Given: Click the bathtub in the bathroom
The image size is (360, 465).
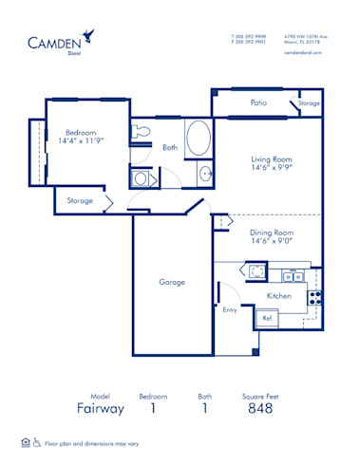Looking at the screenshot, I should click(x=200, y=139).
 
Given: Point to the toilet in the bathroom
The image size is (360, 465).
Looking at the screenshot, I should click(x=143, y=131).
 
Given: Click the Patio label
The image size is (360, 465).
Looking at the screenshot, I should click(x=257, y=102).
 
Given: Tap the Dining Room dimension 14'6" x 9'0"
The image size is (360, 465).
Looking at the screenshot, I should click(x=272, y=241).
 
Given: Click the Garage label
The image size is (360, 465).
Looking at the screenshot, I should click(x=172, y=282).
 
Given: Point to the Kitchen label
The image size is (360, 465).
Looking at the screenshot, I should click(x=278, y=296).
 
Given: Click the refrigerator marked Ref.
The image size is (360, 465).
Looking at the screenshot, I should click(x=270, y=319).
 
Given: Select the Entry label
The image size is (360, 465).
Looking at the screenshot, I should click(x=230, y=309).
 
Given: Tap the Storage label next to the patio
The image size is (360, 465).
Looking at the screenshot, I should click(x=308, y=102).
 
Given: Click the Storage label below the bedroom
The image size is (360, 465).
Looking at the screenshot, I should click(x=80, y=201).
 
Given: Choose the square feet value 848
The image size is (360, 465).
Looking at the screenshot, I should click(x=260, y=408).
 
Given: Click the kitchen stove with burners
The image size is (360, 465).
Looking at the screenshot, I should click(x=316, y=296).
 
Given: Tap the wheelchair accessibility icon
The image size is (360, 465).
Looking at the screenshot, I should click(x=37, y=442).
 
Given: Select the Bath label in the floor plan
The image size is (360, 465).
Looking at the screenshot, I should click(x=170, y=147).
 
